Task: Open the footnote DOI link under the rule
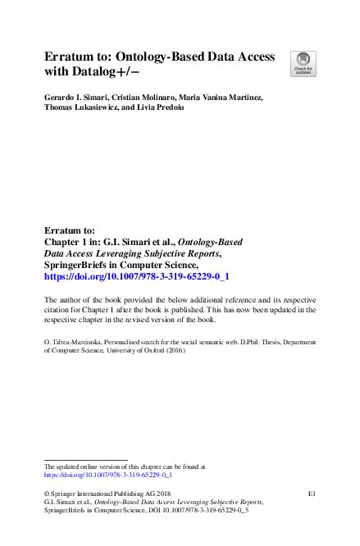(x=107, y=474)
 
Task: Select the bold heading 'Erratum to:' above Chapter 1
(x=69, y=231)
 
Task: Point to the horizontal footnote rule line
(x=85, y=460)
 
